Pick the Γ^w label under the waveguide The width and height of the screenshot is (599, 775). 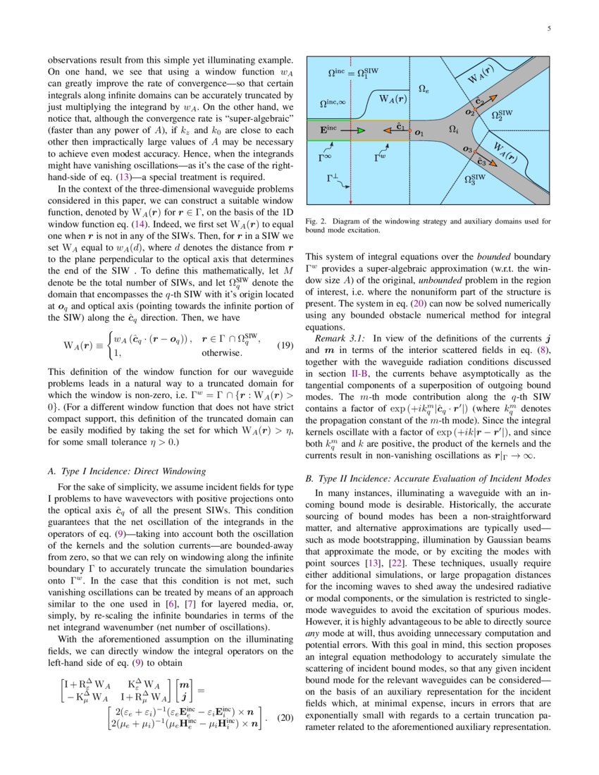coord(379,159)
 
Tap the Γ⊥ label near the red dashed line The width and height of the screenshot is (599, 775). coord(333,179)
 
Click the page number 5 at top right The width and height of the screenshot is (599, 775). coord(548,29)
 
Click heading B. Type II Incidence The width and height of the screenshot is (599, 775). coord(428,478)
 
